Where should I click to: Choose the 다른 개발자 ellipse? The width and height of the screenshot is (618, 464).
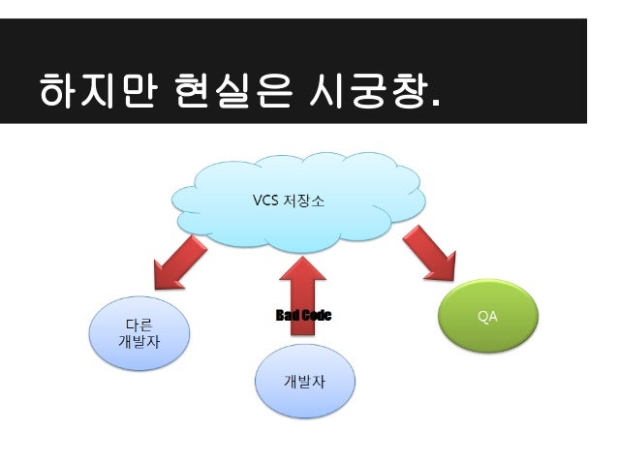coord(139,333)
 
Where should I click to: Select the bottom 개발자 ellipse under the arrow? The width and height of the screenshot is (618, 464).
coord(304,380)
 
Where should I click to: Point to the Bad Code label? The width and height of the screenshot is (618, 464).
coord(303,316)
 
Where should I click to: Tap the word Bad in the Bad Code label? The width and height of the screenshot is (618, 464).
coord(289,316)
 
